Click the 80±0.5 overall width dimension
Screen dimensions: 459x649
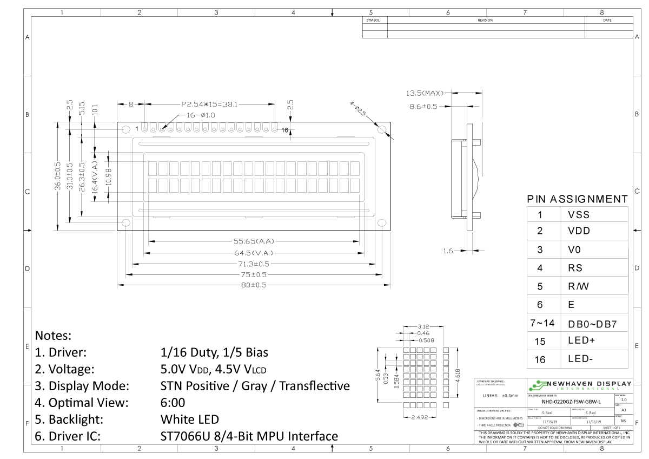(253, 285)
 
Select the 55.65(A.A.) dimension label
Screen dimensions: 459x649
(253, 241)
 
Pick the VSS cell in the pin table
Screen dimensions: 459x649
(579, 214)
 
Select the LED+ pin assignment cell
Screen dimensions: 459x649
(581, 340)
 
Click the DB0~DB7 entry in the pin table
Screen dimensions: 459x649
(592, 324)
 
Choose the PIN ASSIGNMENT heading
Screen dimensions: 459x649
(578, 199)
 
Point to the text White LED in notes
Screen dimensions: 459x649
(190, 419)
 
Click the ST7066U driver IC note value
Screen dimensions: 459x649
(249, 436)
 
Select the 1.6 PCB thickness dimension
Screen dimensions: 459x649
(448, 251)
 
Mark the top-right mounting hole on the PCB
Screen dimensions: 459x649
(382, 129)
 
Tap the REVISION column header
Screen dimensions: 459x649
(485, 20)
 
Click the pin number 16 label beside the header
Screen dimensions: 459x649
(284, 130)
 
